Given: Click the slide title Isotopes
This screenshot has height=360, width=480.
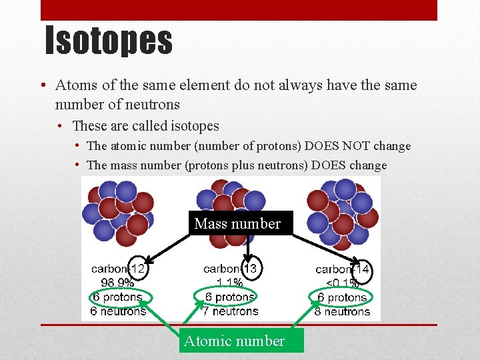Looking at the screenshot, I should (x=109, y=41).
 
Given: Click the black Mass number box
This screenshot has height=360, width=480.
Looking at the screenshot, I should (x=238, y=224).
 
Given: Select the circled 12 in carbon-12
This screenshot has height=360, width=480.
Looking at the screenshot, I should (x=137, y=269).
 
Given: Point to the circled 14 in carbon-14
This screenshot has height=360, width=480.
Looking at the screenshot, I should (x=362, y=269).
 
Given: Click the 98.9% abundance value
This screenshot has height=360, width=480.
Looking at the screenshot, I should (x=117, y=283).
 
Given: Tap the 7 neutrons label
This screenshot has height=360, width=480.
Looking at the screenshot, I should (x=231, y=311).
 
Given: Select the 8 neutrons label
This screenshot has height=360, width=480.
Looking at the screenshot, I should (x=343, y=311).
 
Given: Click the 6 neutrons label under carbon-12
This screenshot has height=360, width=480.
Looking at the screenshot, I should (x=118, y=311).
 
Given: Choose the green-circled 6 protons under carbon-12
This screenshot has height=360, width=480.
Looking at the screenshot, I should (x=118, y=297).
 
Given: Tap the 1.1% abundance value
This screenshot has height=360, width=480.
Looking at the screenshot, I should (x=229, y=283).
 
